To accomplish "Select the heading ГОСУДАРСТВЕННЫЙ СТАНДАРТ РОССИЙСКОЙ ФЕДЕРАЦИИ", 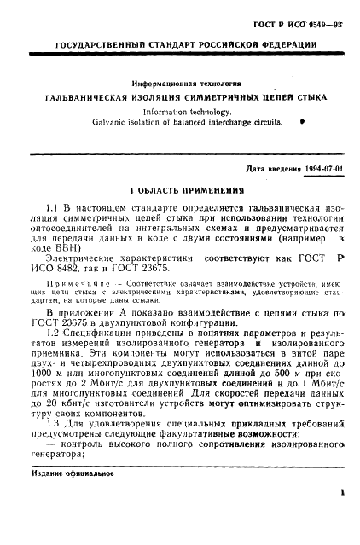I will tap(181, 43).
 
